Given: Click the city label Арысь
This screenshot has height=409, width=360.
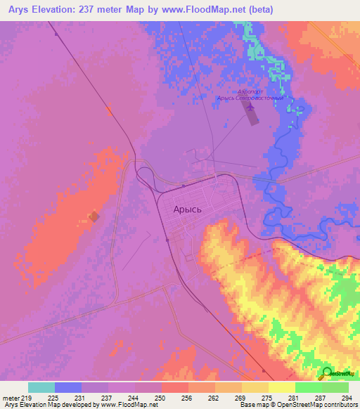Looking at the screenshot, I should pos(188,209).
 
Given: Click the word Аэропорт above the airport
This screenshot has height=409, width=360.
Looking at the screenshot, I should pos(251,92).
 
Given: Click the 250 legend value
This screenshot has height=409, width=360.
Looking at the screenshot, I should pos(161,398).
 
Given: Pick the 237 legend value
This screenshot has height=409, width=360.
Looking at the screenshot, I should pos(108,398).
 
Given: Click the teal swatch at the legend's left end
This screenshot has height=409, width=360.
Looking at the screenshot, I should pos(41,387).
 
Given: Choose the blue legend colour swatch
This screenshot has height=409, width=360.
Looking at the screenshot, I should pos(68,387).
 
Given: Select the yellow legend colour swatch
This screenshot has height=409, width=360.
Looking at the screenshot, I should pos(281,387).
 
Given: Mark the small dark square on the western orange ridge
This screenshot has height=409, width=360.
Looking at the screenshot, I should pos(94,216).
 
